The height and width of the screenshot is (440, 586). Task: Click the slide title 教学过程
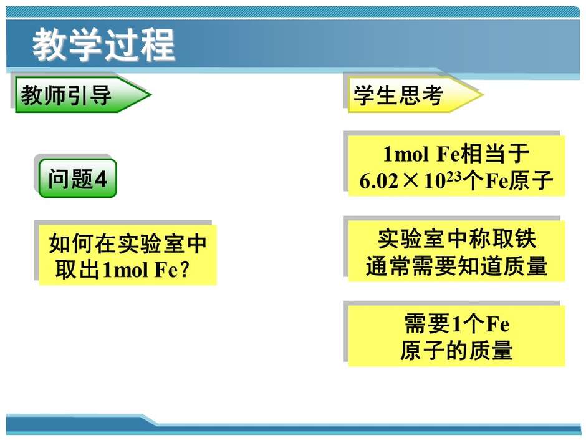click(103, 46)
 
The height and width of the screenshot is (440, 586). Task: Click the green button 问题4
click(78, 178)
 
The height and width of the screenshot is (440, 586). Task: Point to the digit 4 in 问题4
click(101, 179)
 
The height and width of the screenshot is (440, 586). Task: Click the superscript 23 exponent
click(454, 175)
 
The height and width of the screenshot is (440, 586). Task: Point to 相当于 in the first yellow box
click(496, 154)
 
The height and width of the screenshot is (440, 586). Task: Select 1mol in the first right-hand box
click(406, 154)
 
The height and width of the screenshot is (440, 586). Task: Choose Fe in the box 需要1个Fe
click(497, 324)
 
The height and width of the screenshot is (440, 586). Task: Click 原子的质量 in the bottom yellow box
click(456, 351)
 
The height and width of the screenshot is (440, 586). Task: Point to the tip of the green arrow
click(151, 94)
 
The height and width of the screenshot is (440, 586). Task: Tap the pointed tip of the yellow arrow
click(483, 95)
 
